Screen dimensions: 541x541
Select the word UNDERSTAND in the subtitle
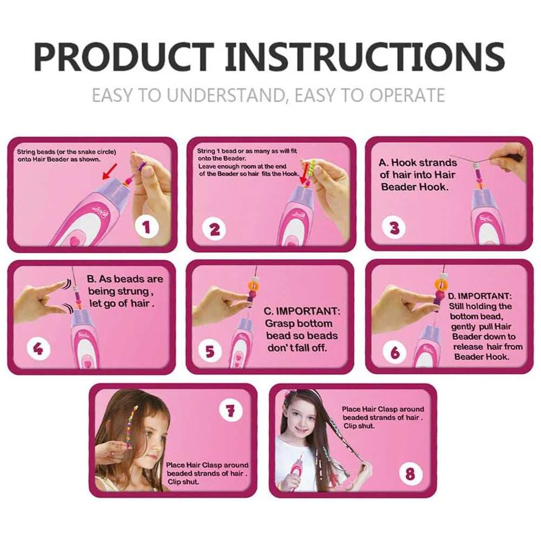(x=227, y=95)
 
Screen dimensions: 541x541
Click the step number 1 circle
(x=147, y=227)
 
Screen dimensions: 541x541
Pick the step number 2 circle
(x=215, y=229)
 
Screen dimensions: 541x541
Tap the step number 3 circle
(x=394, y=228)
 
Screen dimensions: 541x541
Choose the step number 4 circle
(x=38, y=349)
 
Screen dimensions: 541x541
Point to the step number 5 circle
(x=209, y=351)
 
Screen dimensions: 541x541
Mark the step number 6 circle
(x=395, y=352)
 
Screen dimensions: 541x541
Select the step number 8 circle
(x=410, y=473)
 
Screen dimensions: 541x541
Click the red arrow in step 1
(x=110, y=172)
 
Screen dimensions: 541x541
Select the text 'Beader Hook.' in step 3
(x=414, y=187)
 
